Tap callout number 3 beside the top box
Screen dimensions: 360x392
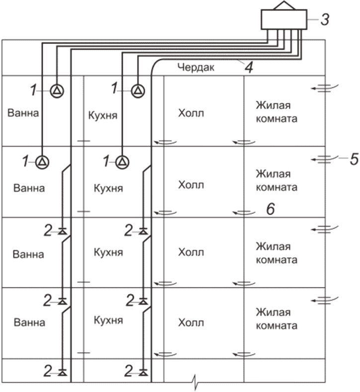point(324,20)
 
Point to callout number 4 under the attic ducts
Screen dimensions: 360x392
point(247,67)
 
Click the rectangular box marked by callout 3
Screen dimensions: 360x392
point(283,19)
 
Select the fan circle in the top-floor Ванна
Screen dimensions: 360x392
point(57,90)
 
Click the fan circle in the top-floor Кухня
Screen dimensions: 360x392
point(138,90)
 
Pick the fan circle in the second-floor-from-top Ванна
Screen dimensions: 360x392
point(43,161)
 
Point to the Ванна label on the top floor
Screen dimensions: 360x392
point(24,113)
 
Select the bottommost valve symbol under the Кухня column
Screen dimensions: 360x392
point(143,371)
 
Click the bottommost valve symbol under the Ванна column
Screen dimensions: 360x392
point(62,371)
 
